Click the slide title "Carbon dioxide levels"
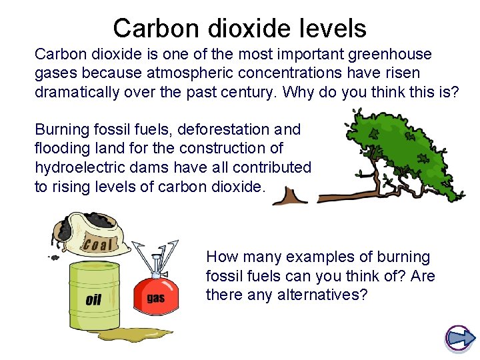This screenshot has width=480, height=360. [239, 28]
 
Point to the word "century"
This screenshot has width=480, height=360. [244, 92]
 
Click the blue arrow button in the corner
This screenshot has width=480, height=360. [459, 339]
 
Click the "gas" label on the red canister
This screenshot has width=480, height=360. [155, 298]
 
